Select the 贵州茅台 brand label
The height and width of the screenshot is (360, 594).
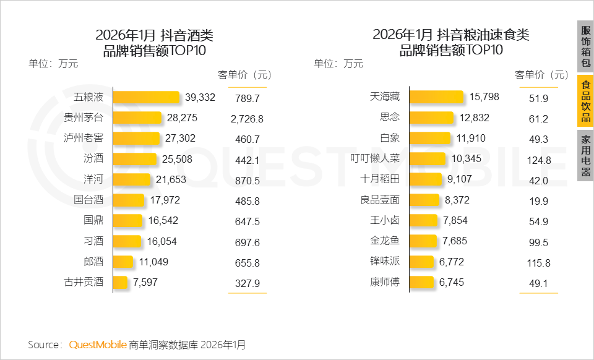pyautogui.click(x=84, y=118)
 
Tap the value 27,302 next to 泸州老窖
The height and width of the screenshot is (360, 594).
pyautogui.click(x=178, y=139)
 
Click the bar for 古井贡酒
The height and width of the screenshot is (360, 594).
pyautogui.click(x=121, y=282)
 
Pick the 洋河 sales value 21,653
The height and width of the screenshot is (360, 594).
pyautogui.click(x=170, y=179)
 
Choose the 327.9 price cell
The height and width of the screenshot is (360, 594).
pyautogui.click(x=247, y=283)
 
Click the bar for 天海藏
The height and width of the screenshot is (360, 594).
pyautogui.click(x=436, y=97)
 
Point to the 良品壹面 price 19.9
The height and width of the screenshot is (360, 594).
pyautogui.click(x=539, y=201)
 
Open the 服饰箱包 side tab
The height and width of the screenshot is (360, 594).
pyautogui.click(x=585, y=46)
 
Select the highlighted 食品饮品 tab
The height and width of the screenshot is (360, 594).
pyautogui.click(x=585, y=100)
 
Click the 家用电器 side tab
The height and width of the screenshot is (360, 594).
pyautogui.click(x=585, y=155)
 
